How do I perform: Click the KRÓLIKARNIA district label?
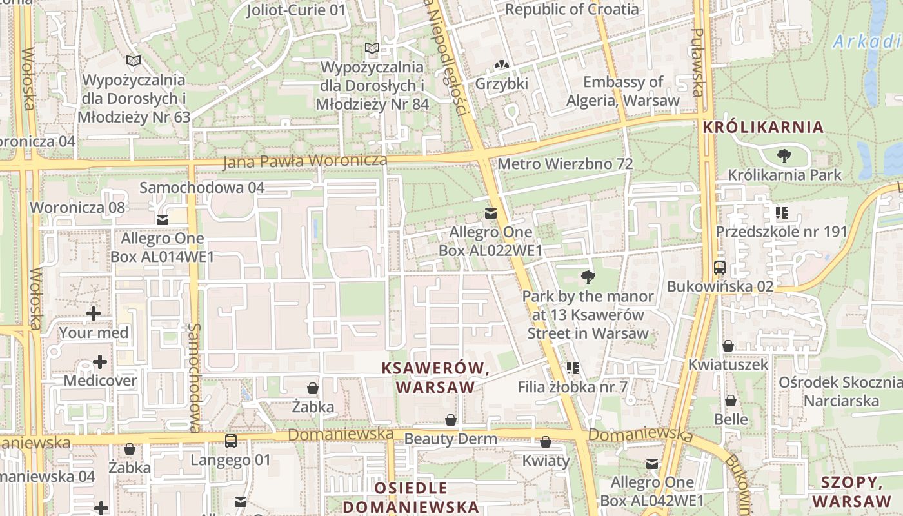763,126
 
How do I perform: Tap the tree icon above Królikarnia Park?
784,155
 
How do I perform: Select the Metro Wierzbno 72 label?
565,164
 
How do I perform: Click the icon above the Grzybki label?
501,65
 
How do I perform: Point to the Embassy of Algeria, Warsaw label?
622,91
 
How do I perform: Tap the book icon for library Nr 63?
134,61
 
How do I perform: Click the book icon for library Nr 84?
372,48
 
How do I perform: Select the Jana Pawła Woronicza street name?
305,161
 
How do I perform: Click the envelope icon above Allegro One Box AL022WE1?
491,213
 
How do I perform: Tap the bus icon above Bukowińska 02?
720,267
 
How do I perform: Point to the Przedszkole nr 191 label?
781,232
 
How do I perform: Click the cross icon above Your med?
94,313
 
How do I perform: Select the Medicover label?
100,381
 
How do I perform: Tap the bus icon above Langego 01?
230,441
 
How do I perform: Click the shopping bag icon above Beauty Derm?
451,421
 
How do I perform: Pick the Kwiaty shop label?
546,461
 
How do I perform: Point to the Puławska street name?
698,62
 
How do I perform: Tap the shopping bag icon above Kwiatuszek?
728,346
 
